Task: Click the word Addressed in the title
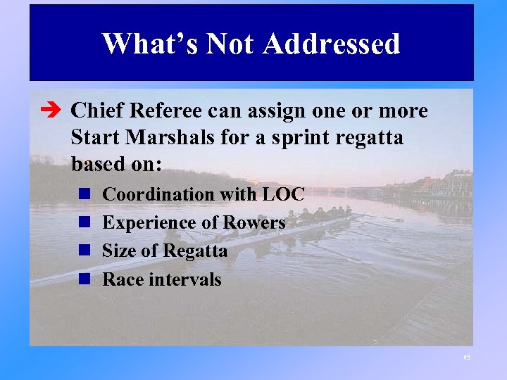pyautogui.click(x=332, y=44)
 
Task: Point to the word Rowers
pyautogui.click(x=254, y=223)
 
